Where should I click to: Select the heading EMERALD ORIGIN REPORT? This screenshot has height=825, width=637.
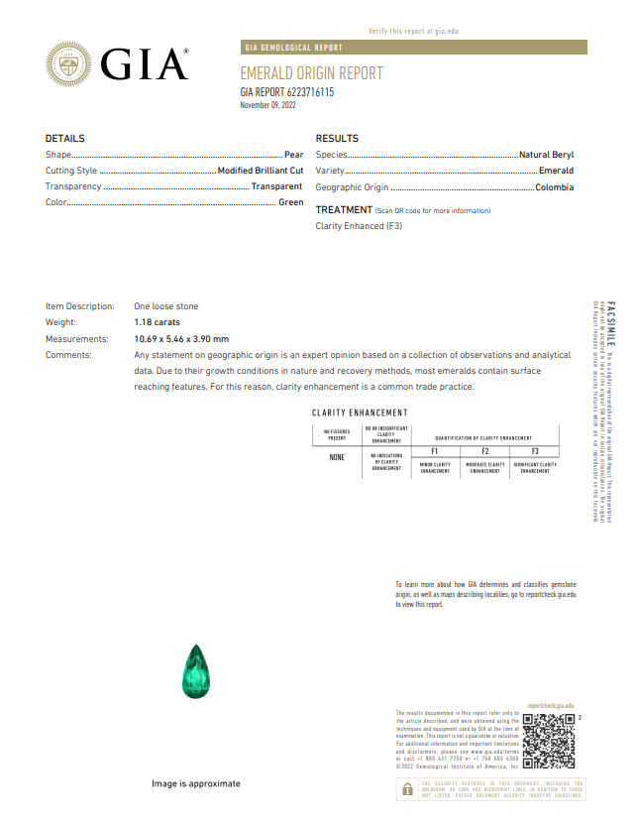tap(311, 73)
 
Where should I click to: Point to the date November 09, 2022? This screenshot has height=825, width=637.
tap(268, 104)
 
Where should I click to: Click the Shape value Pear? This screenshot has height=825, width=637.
tap(293, 155)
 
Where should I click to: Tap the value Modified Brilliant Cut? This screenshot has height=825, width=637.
tap(261, 171)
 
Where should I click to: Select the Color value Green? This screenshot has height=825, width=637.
tap(290, 202)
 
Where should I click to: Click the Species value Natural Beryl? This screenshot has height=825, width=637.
tap(546, 155)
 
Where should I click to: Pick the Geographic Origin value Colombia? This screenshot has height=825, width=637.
tap(554, 186)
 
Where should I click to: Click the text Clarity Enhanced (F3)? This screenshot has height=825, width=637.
tap(359, 226)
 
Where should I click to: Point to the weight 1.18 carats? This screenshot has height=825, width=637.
tap(159, 322)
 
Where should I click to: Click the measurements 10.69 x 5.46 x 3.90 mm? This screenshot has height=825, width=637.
tap(181, 338)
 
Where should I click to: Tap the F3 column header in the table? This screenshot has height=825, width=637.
tap(535, 451)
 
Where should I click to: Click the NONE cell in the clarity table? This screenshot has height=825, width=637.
tap(337, 458)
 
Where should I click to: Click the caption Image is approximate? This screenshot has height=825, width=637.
tap(196, 783)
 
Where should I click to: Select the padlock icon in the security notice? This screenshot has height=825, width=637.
tap(407, 788)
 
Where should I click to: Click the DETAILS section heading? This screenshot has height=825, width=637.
tap(65, 139)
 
